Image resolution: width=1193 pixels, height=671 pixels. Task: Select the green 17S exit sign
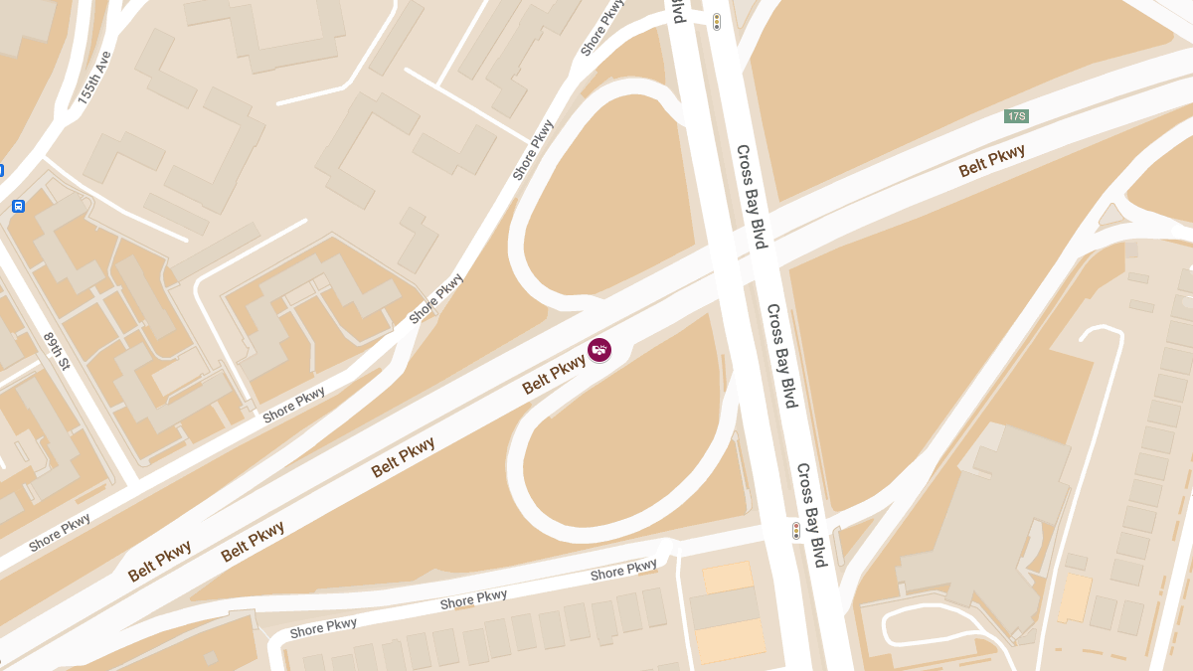click(1016, 116)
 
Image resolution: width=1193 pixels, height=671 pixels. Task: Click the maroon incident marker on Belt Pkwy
click(599, 350)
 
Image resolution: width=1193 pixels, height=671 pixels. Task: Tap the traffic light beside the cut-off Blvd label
click(716, 21)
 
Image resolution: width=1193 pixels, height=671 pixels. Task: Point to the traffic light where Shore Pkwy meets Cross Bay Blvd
click(795, 531)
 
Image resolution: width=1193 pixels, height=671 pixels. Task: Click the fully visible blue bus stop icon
click(18, 206)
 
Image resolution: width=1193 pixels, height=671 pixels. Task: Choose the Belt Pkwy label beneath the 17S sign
click(991, 161)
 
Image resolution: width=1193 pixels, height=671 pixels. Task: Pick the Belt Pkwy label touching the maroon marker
click(554, 375)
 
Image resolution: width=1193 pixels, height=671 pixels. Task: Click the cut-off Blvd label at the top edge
click(678, 11)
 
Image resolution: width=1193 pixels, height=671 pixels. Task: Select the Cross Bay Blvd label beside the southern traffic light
click(811, 515)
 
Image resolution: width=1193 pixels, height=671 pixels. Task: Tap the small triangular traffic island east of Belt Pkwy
click(1110, 215)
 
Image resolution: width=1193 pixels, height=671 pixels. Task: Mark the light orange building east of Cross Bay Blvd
click(1075, 597)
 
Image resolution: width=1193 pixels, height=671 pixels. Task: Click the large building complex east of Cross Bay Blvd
click(984, 527)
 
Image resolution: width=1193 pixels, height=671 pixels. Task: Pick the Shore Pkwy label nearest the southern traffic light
click(623, 570)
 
